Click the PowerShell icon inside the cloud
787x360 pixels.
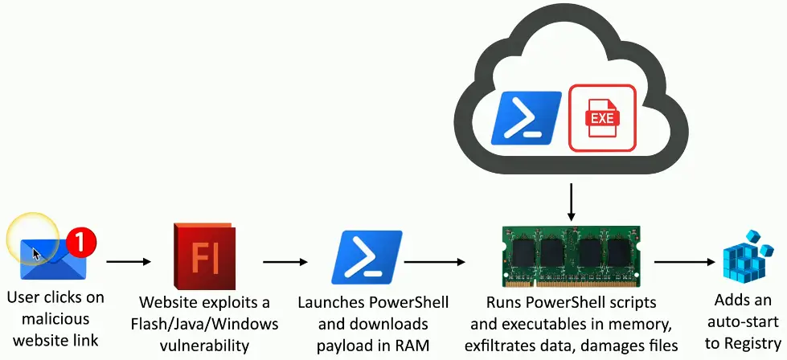coord(527,117)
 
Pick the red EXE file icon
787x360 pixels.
coord(601,117)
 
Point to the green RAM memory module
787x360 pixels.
coord(571,256)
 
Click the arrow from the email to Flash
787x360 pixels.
coord(129,261)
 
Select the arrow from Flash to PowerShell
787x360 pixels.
coord(285,261)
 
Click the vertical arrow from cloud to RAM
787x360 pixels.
coord(571,202)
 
